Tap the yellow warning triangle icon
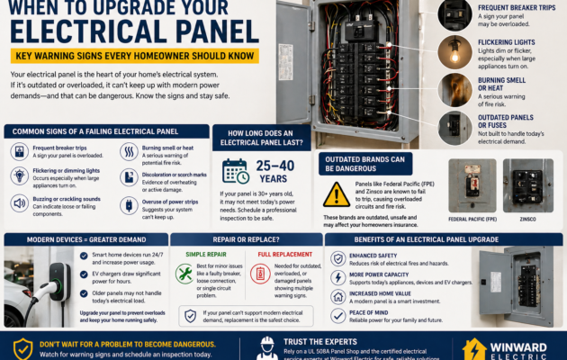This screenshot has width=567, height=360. tap(336, 193)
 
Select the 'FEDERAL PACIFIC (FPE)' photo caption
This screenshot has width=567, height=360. tap(471, 218)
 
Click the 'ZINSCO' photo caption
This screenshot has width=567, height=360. tap(527, 218)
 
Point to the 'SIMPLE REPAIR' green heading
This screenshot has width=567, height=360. tap(207, 255)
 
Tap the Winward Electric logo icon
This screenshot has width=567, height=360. tap(474, 349)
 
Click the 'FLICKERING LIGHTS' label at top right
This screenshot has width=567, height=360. tap(509, 42)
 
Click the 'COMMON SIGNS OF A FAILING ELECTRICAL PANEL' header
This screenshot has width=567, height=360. tap(96, 131)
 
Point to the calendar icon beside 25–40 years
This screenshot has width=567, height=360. tap(235, 171)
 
